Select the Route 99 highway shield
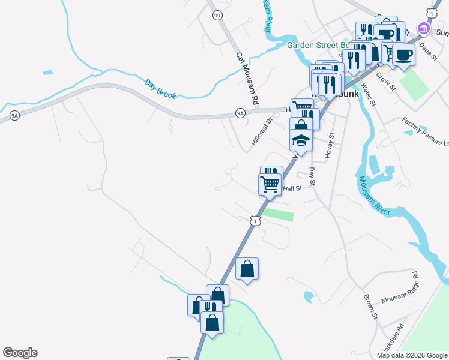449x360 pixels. [217, 15]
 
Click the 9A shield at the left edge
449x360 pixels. [15, 115]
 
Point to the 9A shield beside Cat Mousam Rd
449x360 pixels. [240, 112]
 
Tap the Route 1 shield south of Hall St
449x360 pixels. [256, 221]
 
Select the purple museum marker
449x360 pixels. [424, 28]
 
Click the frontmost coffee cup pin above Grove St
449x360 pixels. [403, 55]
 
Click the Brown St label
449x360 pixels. [370, 306]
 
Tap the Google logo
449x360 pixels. [20, 353]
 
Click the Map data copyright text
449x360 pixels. [411, 355]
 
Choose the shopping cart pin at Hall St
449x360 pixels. [270, 184]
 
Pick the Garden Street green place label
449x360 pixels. [317, 45]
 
